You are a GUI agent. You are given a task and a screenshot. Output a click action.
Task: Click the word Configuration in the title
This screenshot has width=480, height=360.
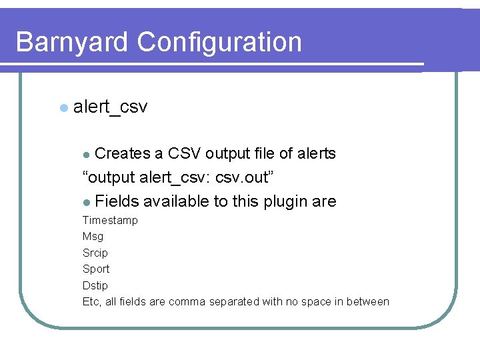click(x=219, y=43)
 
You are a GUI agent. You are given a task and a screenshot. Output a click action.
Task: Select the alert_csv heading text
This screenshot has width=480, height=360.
click(x=111, y=107)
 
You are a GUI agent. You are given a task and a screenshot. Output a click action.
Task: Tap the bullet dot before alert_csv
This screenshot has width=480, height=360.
click(x=63, y=107)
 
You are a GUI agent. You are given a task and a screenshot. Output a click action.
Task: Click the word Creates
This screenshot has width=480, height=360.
click(x=123, y=154)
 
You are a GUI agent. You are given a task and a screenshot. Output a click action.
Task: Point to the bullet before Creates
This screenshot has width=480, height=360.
click(x=86, y=155)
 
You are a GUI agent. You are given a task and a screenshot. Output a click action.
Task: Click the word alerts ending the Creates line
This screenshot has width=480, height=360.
click(x=316, y=154)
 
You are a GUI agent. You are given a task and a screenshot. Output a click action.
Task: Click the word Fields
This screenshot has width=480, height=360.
click(x=117, y=202)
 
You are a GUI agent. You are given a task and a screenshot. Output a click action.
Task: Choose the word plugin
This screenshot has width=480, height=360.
click(x=284, y=202)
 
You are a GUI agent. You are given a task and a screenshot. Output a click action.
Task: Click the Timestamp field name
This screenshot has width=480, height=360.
click(x=110, y=221)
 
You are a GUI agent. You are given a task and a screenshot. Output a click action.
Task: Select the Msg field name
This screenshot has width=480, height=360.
click(x=93, y=237)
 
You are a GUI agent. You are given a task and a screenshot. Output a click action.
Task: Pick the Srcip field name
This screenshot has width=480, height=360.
click(x=95, y=253)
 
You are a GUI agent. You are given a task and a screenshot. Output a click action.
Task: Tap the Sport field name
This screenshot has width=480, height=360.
click(x=95, y=269)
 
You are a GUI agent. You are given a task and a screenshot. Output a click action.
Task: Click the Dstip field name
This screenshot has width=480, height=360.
click(x=95, y=285)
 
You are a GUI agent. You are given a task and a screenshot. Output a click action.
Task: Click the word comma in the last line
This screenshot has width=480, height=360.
click(x=187, y=302)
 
